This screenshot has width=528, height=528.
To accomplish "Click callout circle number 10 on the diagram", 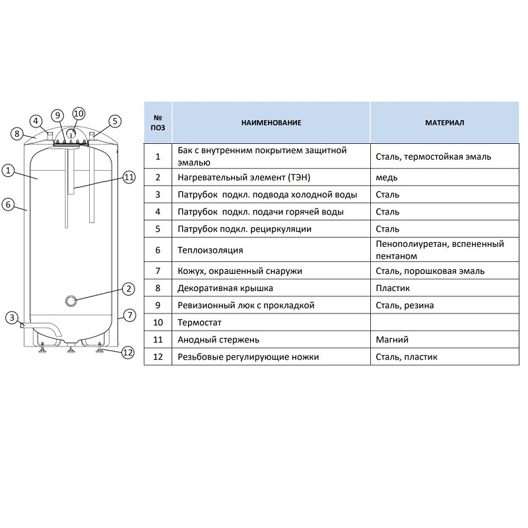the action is point(79,114).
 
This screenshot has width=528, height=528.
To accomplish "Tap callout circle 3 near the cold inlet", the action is point(12,317).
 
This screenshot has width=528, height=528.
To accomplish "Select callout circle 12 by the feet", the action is point(127,352).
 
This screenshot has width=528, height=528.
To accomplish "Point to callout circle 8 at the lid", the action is point(17,134).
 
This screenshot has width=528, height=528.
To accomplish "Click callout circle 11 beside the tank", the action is point(129,177).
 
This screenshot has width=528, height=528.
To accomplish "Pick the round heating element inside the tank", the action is point(71,301).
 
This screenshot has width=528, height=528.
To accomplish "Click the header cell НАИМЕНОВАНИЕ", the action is point(271,123).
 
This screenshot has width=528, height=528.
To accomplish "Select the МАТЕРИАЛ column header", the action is point(444,123).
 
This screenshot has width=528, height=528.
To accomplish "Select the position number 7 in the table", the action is point(158,271).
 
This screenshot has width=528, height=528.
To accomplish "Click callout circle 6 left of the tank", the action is point(9,204).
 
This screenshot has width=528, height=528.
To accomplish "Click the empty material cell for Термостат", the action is point(444,323).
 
